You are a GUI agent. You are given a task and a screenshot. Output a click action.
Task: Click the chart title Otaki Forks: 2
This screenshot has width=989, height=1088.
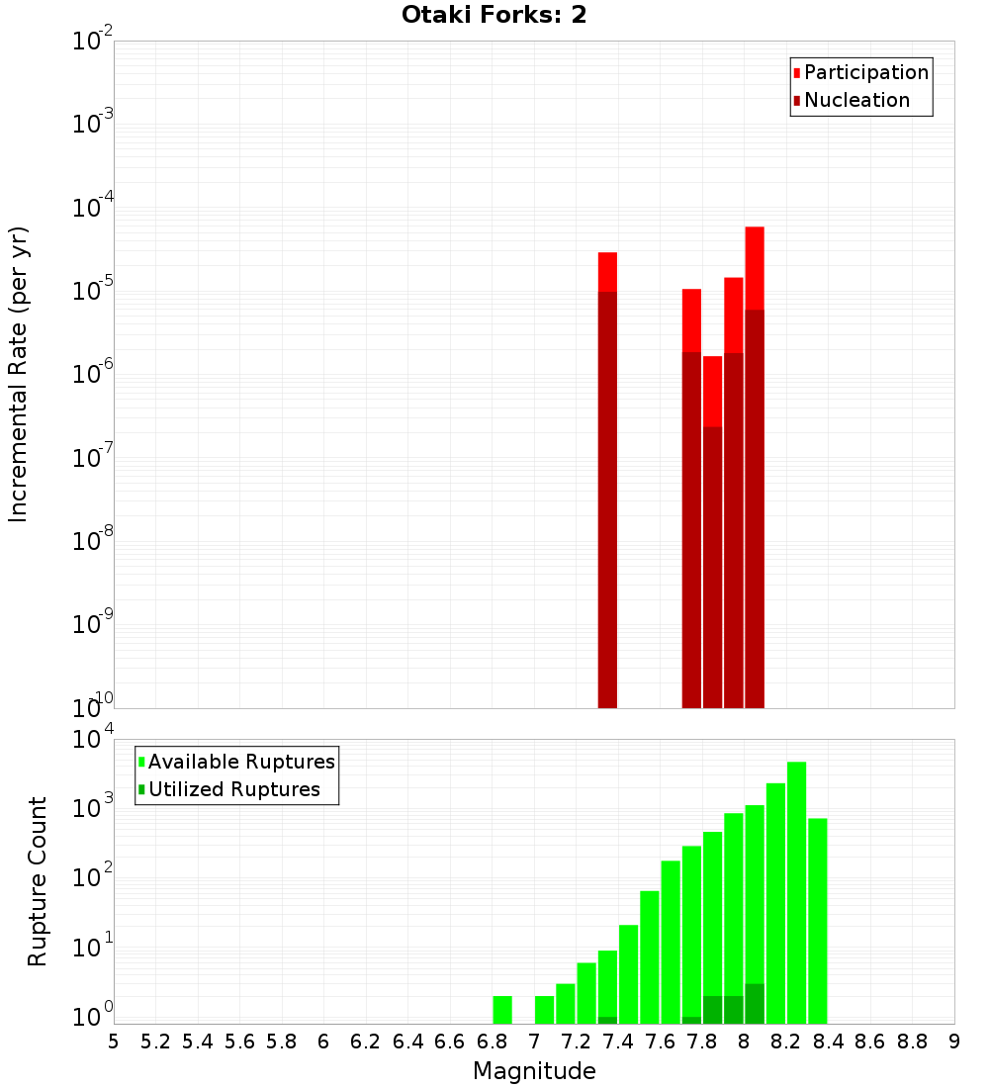coord(494,16)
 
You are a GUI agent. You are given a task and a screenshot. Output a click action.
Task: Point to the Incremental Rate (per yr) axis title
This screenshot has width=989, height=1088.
coord(19,374)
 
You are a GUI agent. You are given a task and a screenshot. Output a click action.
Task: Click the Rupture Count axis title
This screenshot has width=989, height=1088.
coord(38,880)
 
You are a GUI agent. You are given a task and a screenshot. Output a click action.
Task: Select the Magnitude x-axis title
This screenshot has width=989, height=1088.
coord(534,1071)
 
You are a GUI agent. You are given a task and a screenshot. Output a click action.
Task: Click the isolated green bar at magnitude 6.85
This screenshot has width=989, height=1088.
coord(502,1010)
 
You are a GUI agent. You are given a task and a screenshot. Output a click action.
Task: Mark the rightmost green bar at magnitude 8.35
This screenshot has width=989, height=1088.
coord(817,921)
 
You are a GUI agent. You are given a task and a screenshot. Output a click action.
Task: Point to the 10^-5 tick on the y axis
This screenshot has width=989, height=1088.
coord(93,291)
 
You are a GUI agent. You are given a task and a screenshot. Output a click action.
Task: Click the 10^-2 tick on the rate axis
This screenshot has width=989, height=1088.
coord(93,42)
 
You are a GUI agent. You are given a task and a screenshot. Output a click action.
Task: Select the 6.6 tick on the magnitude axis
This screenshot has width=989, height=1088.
coord(450,1042)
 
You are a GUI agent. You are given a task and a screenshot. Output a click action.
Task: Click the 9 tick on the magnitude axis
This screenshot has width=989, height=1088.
coord(954,1042)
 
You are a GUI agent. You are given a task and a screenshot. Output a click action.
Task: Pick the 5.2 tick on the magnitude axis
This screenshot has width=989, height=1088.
coord(156,1042)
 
